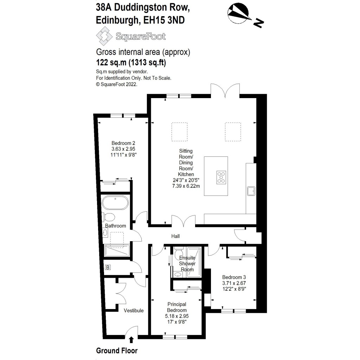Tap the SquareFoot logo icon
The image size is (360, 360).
(103, 36)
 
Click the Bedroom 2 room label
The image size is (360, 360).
(123, 143)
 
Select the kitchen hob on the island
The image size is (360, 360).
(222, 177)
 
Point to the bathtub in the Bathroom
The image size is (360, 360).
(116, 203)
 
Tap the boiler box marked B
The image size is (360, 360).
(108, 268)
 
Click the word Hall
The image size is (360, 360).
(176, 236)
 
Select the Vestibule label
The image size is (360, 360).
(134, 310)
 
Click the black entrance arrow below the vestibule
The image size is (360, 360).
(131, 340)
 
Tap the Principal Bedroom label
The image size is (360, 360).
(176, 307)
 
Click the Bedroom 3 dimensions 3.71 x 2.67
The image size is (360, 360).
(234, 283)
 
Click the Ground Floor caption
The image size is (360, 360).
(117, 351)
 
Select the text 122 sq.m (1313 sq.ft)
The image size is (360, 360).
(131, 63)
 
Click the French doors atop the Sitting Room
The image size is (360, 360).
(225, 90)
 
